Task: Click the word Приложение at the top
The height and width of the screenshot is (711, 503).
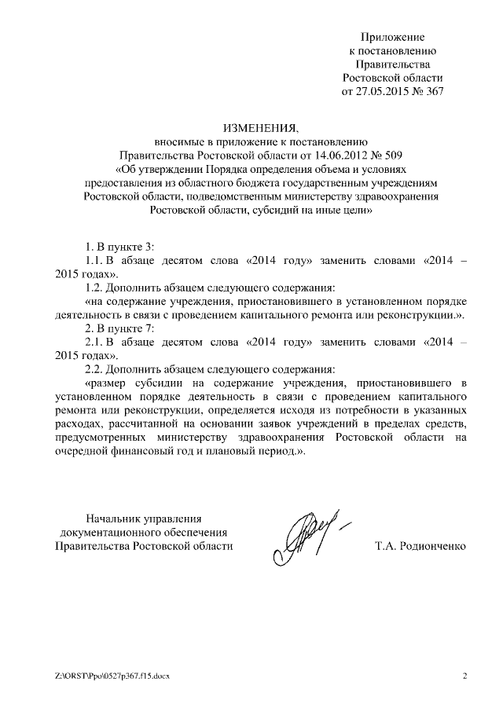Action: (392, 37)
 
